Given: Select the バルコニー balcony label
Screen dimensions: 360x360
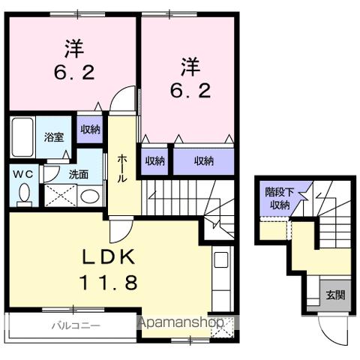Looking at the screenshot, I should click(76, 325).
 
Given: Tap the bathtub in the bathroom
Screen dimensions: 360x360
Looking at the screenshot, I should click(21, 136).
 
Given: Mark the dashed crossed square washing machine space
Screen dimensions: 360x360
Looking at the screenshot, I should click(59, 196).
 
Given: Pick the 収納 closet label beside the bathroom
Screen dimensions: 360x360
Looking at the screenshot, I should click(91, 128).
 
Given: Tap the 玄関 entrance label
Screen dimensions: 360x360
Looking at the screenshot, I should click(334, 295).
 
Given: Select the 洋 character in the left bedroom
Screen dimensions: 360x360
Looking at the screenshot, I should click(72, 48).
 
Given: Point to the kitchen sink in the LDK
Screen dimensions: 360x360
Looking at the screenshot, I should click(221, 261).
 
